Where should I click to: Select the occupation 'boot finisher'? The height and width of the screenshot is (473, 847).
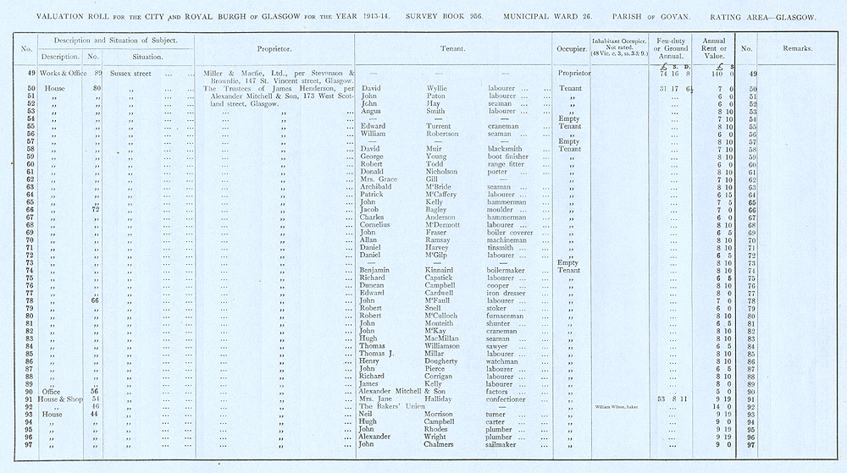510,157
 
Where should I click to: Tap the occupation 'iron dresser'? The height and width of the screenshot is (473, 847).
509,293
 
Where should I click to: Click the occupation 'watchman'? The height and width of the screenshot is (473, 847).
506,361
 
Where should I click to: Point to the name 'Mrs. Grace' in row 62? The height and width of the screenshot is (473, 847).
378,179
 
